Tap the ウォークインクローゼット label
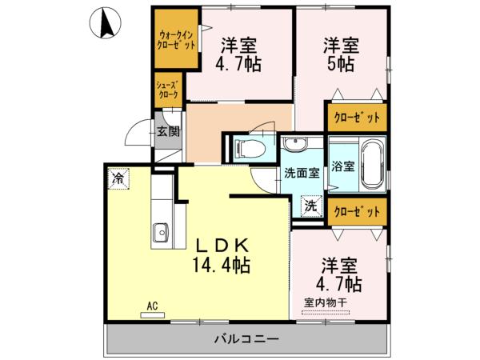176,41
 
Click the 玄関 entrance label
168,133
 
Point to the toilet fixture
248,148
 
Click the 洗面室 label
302,172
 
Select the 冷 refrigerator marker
118,178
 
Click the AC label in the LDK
151,305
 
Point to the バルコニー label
246,339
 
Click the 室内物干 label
325,302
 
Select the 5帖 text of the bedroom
339,66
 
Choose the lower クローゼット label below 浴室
357,211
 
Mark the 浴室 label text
344,169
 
